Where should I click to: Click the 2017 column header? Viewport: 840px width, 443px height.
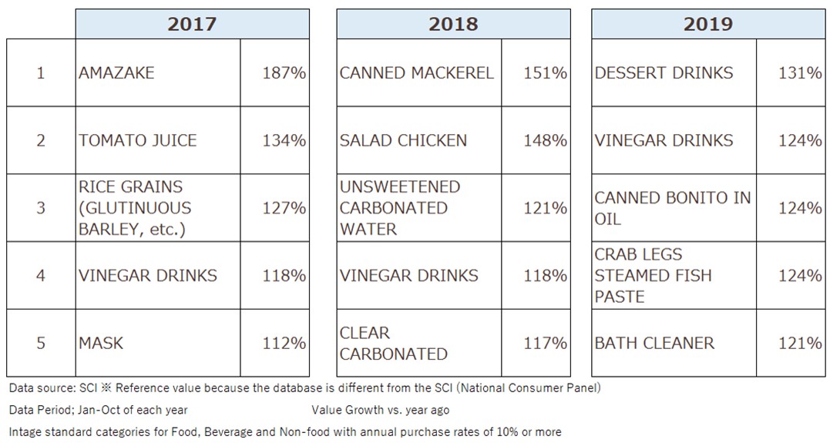click(192, 24)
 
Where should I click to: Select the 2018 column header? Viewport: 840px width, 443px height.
click(453, 24)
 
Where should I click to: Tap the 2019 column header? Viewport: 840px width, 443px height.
click(707, 24)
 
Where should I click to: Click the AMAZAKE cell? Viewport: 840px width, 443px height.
click(116, 73)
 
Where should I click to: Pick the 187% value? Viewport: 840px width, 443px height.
click(284, 73)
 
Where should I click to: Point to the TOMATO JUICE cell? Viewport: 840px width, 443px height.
click(137, 140)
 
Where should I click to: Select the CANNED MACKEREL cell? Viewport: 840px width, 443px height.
click(416, 73)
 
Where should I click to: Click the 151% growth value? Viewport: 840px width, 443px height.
click(545, 73)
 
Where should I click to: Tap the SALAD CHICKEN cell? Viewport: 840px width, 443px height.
click(403, 140)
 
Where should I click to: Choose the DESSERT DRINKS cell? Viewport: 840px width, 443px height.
click(664, 73)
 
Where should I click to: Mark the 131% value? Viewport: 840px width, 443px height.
click(800, 73)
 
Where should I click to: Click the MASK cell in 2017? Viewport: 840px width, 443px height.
click(101, 343)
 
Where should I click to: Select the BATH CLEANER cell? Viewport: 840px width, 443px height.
click(654, 343)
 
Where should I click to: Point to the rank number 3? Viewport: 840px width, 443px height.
click(41, 208)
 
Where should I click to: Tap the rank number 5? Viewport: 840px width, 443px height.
click(41, 343)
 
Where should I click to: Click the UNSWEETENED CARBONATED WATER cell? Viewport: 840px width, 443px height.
click(400, 208)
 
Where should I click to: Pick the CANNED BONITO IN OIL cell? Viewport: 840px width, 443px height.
click(672, 208)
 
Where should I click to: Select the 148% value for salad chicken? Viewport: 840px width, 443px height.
click(545, 140)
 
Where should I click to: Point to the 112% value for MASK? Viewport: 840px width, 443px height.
click(284, 343)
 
